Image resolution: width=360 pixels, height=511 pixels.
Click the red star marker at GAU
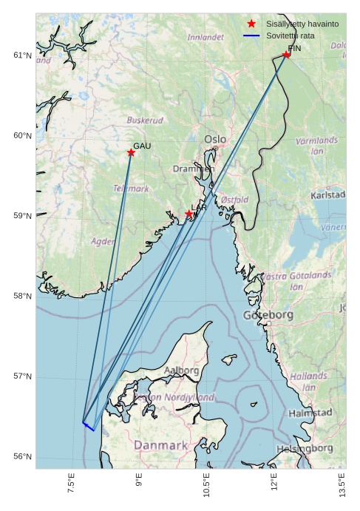click(x=131, y=153)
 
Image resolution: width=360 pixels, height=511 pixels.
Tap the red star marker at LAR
click(x=189, y=214)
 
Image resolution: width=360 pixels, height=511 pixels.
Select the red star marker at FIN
click(x=286, y=55)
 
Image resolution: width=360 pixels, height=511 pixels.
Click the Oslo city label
click(x=215, y=139)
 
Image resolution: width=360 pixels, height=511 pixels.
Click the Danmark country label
click(x=160, y=446)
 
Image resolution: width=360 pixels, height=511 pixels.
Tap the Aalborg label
click(x=181, y=370)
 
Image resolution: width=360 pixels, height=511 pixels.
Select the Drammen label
click(x=194, y=169)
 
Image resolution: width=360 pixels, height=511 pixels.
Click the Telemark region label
click(x=131, y=189)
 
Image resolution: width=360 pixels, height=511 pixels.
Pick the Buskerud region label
click(x=145, y=120)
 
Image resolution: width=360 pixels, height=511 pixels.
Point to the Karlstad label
click(x=328, y=195)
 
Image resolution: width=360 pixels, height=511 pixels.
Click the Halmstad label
click(x=310, y=413)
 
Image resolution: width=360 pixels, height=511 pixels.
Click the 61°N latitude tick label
click(x=23, y=55)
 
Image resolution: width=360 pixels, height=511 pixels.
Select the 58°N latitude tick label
click(x=23, y=297)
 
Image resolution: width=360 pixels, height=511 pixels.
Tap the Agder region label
click(x=103, y=241)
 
